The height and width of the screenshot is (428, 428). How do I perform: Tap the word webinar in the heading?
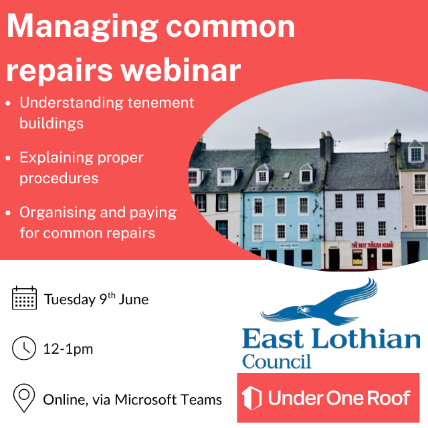pos(181,70)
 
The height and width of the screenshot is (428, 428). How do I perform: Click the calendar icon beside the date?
pos(24,298)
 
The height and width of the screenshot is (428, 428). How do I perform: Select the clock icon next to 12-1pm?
pos(24,348)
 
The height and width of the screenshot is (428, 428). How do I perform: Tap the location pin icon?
pos(24,398)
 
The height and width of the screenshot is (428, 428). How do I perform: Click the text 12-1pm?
pos(68,349)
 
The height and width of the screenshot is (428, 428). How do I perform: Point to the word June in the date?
pos(134,300)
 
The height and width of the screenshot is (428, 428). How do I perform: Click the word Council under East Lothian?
pos(276,361)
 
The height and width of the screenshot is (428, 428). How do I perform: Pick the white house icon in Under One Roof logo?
pos(251,398)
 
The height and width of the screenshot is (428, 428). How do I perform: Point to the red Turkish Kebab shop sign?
pos(372,245)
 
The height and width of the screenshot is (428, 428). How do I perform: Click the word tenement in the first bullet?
pos(160,102)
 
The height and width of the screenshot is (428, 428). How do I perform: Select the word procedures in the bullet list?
pos(59,179)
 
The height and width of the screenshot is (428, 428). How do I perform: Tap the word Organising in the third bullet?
pos(58,213)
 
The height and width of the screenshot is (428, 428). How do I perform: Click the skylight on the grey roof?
pos(287,175)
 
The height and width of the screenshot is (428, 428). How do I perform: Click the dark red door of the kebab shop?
pos(372,259)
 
